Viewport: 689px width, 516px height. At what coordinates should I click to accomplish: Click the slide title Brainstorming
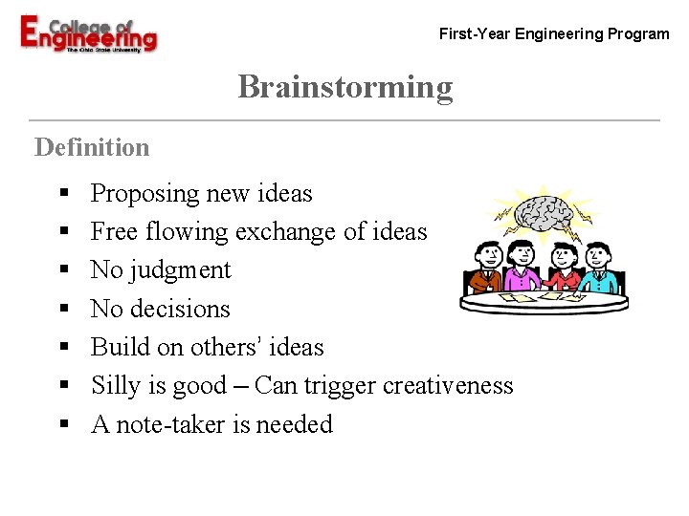tap(344, 87)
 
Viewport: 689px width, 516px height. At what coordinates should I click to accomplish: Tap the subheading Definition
tap(92, 147)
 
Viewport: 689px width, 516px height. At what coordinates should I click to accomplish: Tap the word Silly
tap(114, 385)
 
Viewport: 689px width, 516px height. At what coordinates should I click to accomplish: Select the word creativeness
tap(448, 385)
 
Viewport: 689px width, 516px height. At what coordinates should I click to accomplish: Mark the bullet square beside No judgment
tap(63, 271)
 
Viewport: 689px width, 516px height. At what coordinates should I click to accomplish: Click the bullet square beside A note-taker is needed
tap(63, 425)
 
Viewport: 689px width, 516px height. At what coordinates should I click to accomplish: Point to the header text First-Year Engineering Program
tap(554, 34)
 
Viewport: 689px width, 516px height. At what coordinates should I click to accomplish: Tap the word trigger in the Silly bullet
tap(341, 385)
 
